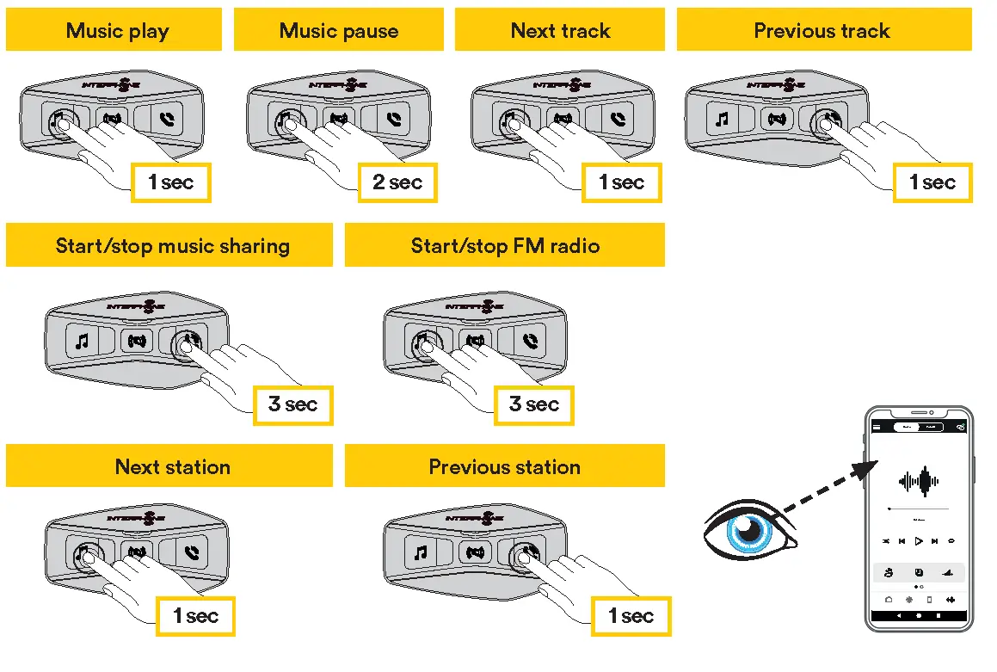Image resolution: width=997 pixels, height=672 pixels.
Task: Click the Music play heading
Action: [117, 31]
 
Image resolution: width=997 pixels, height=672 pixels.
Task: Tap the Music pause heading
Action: [339, 31]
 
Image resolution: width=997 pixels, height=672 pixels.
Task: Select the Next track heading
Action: [560, 31]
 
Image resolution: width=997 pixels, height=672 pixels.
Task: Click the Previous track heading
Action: [822, 31]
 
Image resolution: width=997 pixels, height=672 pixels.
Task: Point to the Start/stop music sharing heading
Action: [172, 246]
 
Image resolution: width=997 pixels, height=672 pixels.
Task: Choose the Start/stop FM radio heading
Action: [505, 246]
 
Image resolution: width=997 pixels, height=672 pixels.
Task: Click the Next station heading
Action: [172, 467]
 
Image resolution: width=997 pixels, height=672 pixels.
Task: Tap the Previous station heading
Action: [505, 467]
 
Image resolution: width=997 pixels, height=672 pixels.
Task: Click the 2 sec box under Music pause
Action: [397, 182]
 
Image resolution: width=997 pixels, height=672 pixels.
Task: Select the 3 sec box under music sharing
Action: [292, 404]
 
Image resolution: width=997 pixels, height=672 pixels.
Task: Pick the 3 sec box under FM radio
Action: [533, 404]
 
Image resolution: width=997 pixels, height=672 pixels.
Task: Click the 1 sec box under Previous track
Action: [932, 182]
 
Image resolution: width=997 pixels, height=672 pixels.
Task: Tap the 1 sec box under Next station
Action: [195, 616]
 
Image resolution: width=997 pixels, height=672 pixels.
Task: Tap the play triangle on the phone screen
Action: [919, 541]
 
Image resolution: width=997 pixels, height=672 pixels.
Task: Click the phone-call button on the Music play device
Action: [166, 119]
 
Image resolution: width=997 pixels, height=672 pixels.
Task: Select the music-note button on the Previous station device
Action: [420, 552]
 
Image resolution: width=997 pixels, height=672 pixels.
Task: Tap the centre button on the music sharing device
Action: [136, 341]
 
